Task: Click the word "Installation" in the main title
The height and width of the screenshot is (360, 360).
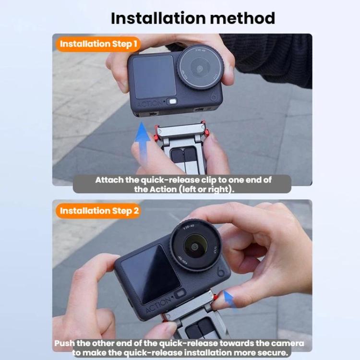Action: [158, 18]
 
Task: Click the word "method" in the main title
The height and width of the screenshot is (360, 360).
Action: [243, 18]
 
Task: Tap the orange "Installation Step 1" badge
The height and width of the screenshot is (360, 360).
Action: [98, 44]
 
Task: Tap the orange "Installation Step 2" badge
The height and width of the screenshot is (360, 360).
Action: [98, 211]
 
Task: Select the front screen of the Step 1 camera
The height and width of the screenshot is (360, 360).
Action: [154, 76]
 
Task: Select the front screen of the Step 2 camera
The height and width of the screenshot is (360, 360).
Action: [151, 275]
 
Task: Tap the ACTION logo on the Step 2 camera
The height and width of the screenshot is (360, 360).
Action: [159, 305]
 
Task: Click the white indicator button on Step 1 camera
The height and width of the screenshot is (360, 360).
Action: [171, 101]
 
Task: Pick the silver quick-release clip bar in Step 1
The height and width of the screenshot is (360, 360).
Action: [181, 130]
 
